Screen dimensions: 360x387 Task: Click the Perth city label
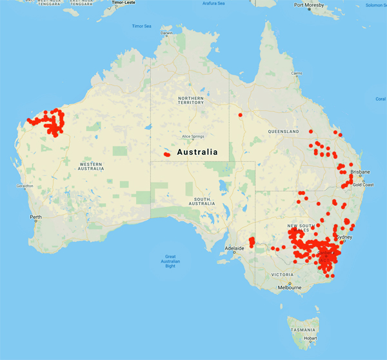(36, 217)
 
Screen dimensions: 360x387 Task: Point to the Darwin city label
(167, 33)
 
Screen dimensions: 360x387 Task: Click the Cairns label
(296, 73)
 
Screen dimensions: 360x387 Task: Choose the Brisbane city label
(361, 172)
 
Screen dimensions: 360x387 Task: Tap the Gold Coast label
(363, 185)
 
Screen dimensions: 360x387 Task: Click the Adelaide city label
(233, 248)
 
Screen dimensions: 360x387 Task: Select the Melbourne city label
(290, 288)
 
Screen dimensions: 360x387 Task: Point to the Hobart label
(310, 337)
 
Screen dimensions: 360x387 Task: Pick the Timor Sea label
(141, 26)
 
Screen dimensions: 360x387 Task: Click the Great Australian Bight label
(170, 261)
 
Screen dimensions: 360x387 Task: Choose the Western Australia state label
(90, 166)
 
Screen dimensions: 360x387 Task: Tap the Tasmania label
(303, 329)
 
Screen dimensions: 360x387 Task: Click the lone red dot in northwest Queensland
(240, 115)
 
